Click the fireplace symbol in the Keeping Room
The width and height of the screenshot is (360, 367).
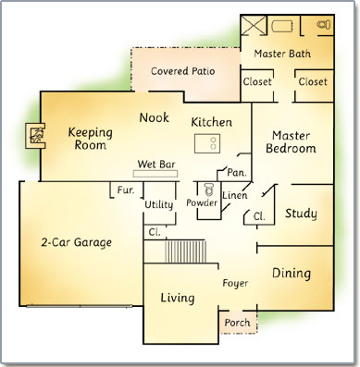(35, 136)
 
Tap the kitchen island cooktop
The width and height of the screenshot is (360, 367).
(207, 143)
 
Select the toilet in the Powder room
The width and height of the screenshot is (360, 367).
(209, 189)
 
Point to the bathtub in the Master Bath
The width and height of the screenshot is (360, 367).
(282, 26)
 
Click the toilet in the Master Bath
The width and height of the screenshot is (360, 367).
(324, 25)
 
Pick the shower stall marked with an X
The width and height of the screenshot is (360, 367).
(254, 26)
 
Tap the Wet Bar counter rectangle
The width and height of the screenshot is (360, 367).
(155, 174)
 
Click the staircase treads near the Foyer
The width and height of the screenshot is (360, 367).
(185, 251)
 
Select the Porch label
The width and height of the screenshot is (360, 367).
(237, 323)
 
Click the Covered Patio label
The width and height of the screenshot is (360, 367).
(183, 71)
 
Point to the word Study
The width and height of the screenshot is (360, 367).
(301, 214)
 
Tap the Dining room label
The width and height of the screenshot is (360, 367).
(292, 274)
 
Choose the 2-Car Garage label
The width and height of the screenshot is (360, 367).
(76, 242)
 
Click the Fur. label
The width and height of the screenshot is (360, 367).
(126, 190)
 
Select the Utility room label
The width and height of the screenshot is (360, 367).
(159, 204)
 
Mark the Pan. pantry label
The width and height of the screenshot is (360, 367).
(237, 173)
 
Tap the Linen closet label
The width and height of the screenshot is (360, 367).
(235, 195)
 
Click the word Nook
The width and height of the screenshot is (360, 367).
(155, 117)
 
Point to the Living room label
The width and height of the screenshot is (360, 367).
(178, 298)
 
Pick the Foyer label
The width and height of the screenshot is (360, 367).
(235, 284)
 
